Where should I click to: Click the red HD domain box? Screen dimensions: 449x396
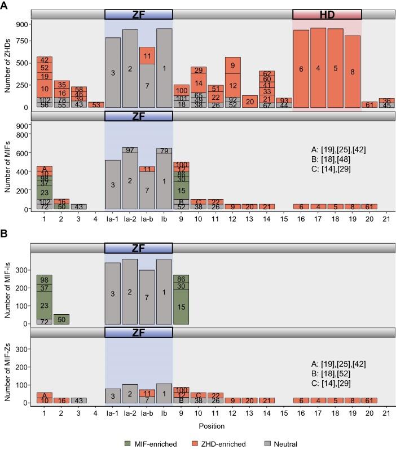[327, 14]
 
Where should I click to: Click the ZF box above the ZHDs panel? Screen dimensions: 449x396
[138, 14]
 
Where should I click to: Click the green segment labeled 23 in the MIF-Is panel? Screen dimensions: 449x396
[45, 305]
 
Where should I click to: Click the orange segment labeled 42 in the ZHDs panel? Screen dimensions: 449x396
[45, 60]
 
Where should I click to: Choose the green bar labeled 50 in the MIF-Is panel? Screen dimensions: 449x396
[61, 319]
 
